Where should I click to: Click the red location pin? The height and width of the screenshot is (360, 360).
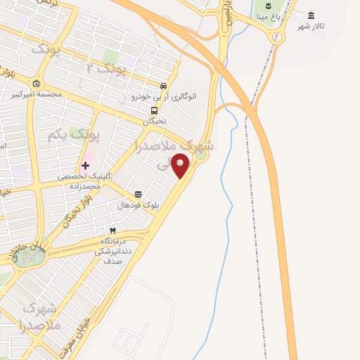181,167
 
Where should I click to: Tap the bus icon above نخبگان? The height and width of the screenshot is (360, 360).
154,110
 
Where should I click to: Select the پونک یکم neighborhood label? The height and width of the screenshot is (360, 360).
75,134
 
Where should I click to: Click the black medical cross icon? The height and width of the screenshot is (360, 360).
86,166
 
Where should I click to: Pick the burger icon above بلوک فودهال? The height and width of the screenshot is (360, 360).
138,195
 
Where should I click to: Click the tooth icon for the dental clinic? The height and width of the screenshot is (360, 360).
111,231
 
